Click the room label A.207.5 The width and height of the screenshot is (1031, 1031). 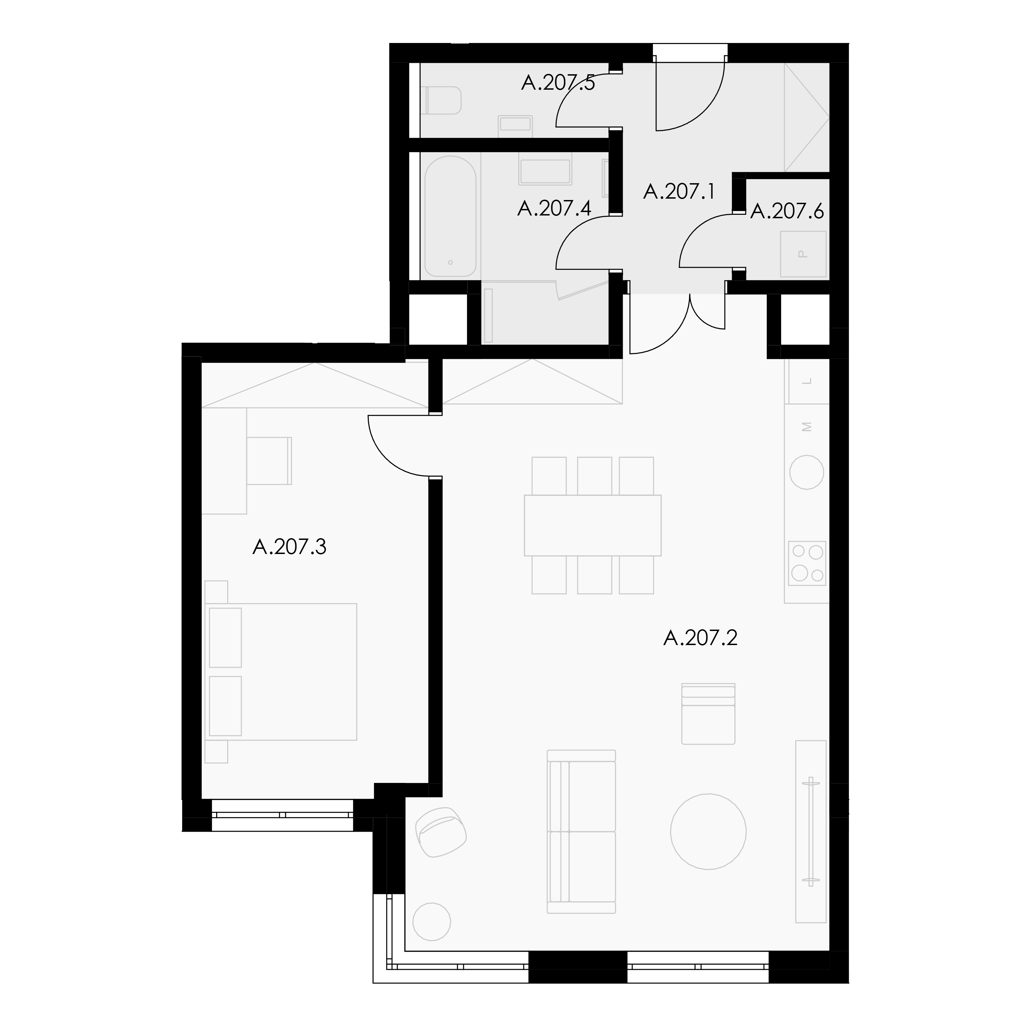(x=558, y=83)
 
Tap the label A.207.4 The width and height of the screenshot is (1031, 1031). (x=554, y=208)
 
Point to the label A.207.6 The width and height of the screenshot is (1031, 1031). (x=787, y=211)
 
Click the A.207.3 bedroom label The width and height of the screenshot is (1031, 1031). (x=289, y=546)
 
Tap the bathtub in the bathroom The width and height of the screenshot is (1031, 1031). (x=451, y=216)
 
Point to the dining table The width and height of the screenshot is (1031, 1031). (x=592, y=525)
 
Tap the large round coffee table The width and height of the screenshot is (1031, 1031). (x=708, y=831)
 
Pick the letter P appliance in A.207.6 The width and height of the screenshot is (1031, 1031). (x=803, y=254)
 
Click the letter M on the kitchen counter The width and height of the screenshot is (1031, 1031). (x=807, y=427)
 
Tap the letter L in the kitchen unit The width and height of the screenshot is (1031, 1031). (x=807, y=381)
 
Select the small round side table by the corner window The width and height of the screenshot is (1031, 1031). (x=432, y=922)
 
